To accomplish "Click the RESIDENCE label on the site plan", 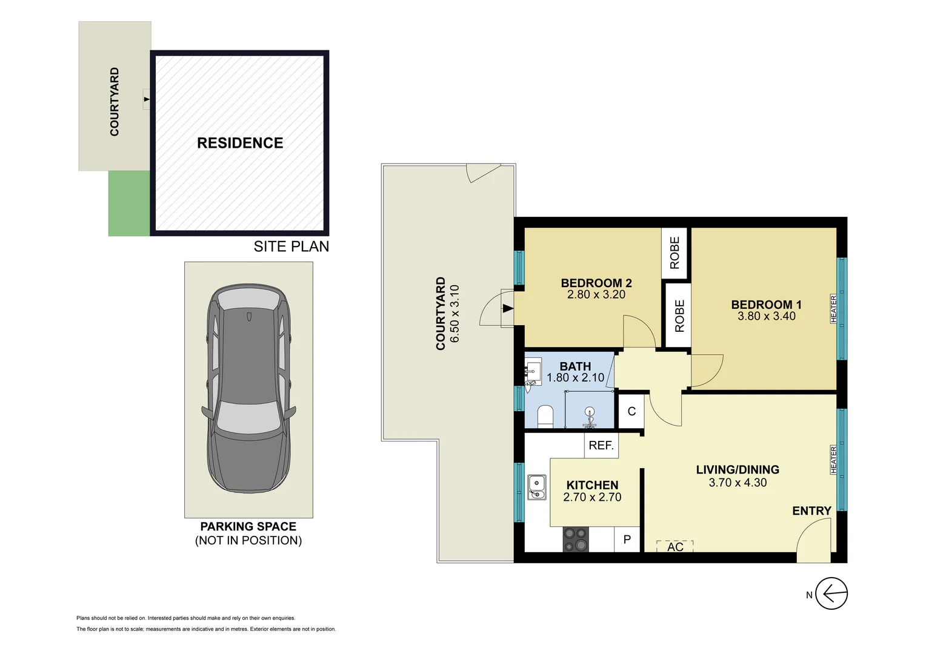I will click(240, 143).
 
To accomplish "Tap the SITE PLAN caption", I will click(291, 246).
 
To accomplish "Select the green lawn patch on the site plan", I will click(129, 203).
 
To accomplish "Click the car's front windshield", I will click(248, 417).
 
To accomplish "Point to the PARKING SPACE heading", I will click(248, 526).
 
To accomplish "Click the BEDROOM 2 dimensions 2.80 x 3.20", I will click(596, 295).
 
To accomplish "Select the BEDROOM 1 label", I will click(766, 305).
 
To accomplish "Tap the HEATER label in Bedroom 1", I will click(834, 308).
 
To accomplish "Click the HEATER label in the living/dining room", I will click(834, 460).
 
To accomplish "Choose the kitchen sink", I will click(536, 487).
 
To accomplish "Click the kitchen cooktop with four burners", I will click(575, 540).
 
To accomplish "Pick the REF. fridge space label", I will click(601, 446).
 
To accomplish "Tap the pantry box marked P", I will click(627, 540).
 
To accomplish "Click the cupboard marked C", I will click(631, 412).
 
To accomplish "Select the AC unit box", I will click(675, 546).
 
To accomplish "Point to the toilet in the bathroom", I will click(545, 417).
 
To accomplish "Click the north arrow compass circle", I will click(831, 593).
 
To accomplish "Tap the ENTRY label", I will click(811, 511).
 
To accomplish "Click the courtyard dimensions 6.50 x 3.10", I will click(455, 314).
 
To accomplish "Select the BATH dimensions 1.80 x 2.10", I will click(575, 378).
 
